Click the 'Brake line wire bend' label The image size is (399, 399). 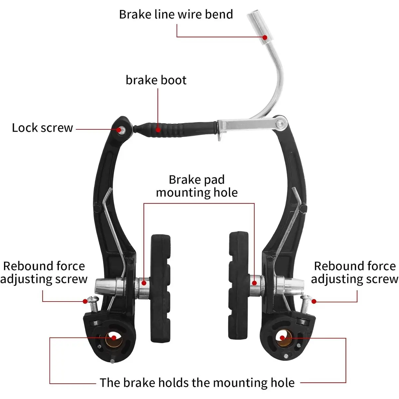click(x=176, y=15)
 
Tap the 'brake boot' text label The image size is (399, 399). click(x=156, y=80)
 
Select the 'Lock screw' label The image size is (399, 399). click(x=43, y=128)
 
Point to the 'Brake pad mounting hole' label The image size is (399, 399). click(x=197, y=186)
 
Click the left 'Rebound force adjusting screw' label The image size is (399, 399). click(x=44, y=273)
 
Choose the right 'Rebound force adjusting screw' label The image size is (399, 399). click(x=355, y=273)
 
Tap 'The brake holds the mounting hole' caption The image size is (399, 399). click(x=197, y=382)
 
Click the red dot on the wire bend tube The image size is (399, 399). click(x=265, y=38)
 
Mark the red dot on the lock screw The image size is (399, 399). click(x=119, y=130)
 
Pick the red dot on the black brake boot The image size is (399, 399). click(x=158, y=130)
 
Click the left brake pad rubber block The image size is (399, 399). click(x=161, y=288)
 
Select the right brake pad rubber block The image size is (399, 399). click(x=238, y=286)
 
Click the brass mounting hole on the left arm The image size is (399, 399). click(x=114, y=339)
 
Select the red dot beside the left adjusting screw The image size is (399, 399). click(x=85, y=301)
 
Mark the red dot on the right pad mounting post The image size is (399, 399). click(x=254, y=283)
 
